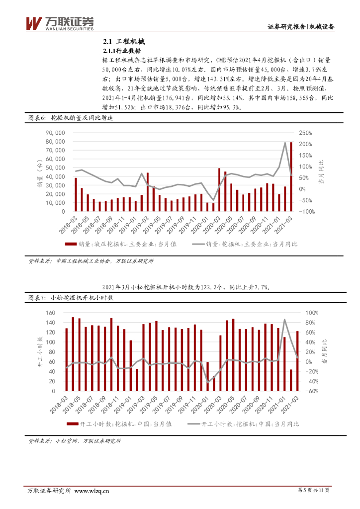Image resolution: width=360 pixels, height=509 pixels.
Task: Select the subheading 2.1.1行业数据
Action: pyautogui.click(x=122, y=51)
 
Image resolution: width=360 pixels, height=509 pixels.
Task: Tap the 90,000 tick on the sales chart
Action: pyautogui.click(x=55, y=133)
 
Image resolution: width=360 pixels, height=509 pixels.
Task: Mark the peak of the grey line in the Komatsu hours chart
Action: pyautogui.click(x=284, y=320)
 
